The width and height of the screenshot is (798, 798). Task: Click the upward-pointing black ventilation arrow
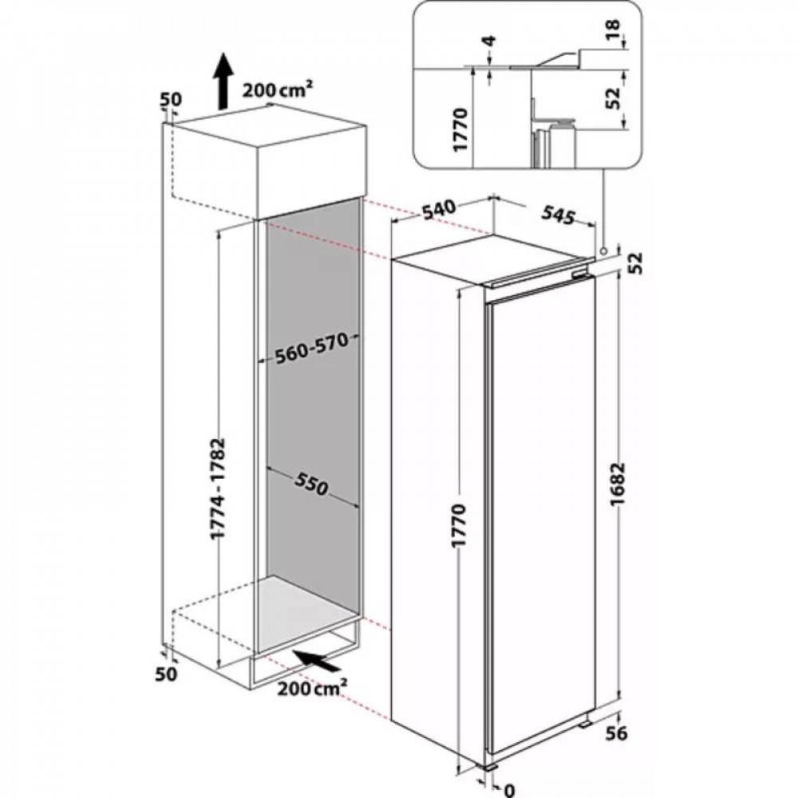(x=223, y=81)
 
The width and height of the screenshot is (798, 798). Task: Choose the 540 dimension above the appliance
(x=437, y=210)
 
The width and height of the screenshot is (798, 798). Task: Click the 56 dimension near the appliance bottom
(x=617, y=733)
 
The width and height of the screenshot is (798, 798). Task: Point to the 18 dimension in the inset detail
(x=613, y=30)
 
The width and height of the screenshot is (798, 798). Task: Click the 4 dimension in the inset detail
(x=490, y=41)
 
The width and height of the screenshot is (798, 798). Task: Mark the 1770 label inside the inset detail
(x=460, y=129)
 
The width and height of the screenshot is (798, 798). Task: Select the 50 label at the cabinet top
(x=171, y=99)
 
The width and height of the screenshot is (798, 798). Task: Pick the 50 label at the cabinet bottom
(x=167, y=674)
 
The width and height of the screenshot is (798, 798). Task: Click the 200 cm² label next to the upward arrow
(x=278, y=90)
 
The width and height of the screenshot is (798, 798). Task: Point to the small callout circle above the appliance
(x=603, y=251)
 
